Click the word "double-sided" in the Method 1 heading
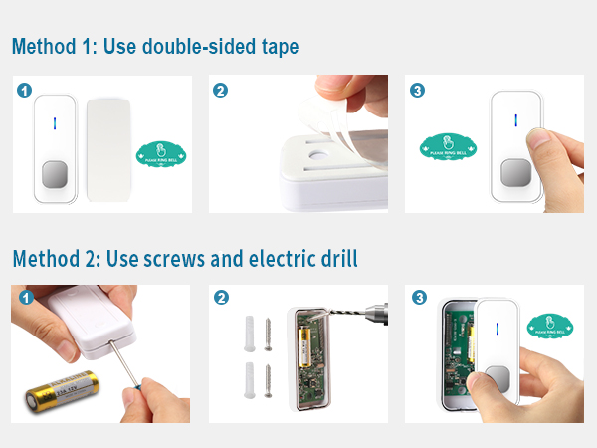tap(189, 47)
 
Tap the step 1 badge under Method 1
tap(25, 90)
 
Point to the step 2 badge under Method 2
tap(221, 298)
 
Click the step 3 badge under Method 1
tap(417, 90)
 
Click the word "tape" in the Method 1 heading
tap(273, 47)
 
